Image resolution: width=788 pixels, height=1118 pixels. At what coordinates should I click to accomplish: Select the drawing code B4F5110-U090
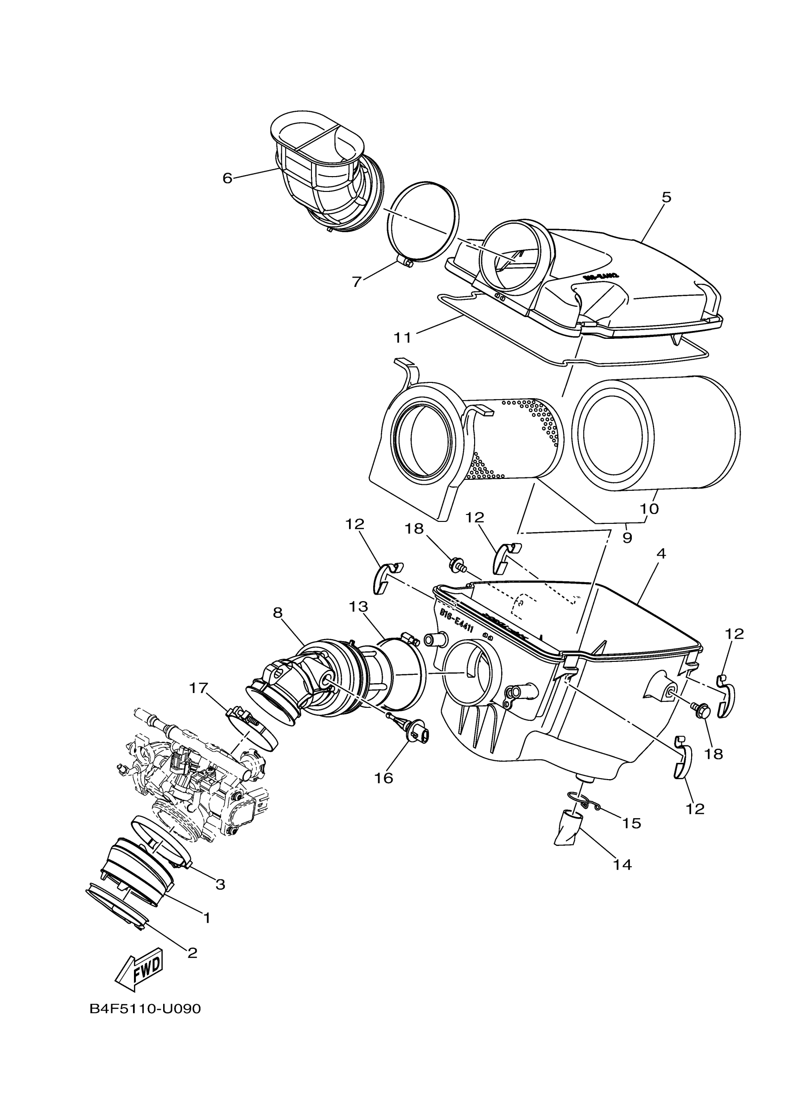point(145,1009)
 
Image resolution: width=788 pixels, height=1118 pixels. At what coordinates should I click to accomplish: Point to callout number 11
point(402,337)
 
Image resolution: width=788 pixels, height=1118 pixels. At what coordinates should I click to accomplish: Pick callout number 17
point(198,688)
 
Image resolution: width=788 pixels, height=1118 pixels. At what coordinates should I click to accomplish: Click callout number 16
point(383,778)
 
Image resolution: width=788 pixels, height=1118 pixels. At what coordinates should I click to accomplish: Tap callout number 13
point(358,607)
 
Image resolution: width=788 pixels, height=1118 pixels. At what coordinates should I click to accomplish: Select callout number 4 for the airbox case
point(661,553)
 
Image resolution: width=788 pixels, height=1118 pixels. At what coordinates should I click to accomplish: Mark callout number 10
point(649,509)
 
